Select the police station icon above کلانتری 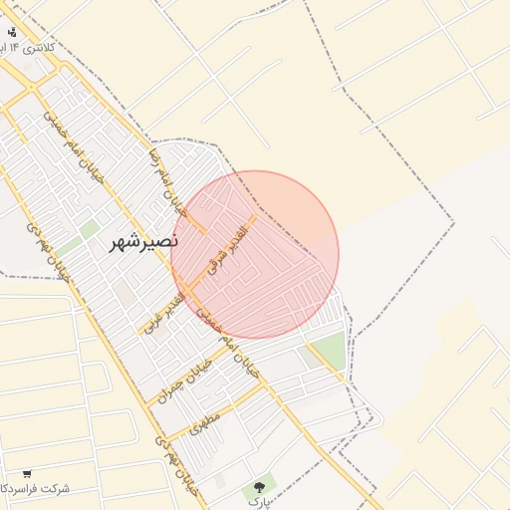[x=11, y=32]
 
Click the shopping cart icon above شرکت [x=27, y=473]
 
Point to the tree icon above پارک [x=260, y=487]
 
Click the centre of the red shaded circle [x=255, y=254]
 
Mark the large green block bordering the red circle [x=327, y=350]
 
